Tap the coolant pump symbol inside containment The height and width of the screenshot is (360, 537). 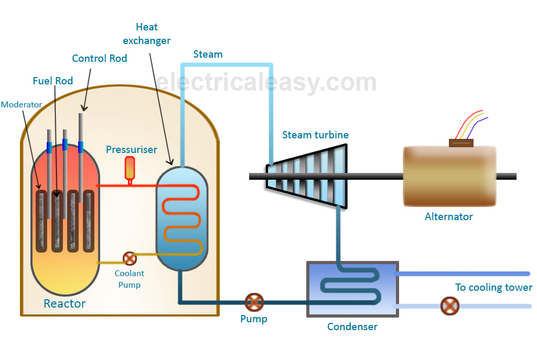[x=129, y=258]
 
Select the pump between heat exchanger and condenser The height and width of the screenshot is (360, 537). [x=254, y=302]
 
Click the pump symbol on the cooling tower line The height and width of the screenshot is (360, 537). [x=449, y=306]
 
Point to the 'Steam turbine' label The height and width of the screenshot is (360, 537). [x=315, y=135]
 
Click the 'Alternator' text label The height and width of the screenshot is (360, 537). [x=449, y=216]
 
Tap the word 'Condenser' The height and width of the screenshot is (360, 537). [x=352, y=327]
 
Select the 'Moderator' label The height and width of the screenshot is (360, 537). [x=21, y=105]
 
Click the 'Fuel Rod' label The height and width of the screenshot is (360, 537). [x=52, y=81]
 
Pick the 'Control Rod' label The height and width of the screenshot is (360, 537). [x=100, y=58]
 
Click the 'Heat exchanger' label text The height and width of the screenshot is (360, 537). [x=147, y=34]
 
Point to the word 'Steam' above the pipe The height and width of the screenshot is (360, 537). [x=208, y=54]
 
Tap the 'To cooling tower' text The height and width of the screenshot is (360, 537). [x=493, y=287]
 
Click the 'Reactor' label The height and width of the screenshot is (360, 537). [x=65, y=303]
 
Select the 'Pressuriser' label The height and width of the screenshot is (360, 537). [x=132, y=150]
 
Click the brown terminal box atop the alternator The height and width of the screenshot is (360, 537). [x=461, y=143]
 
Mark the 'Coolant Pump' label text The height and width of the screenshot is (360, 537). [x=130, y=279]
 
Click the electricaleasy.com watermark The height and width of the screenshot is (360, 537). [x=266, y=82]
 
